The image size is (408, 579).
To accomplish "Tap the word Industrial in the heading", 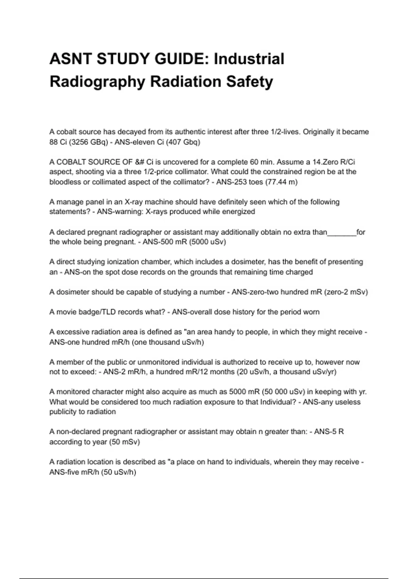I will [x=249, y=59].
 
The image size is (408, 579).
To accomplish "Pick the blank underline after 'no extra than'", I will [x=341, y=232].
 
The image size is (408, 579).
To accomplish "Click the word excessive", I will [x=73, y=332].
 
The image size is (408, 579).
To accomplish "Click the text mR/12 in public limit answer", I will [x=186, y=372].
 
